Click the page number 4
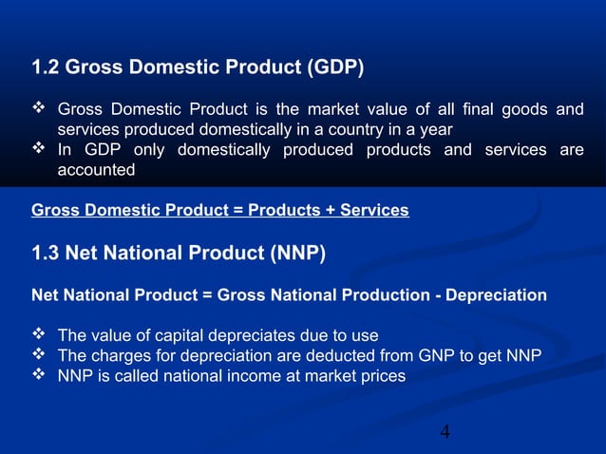445,433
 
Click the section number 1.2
47,67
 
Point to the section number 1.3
47,253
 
